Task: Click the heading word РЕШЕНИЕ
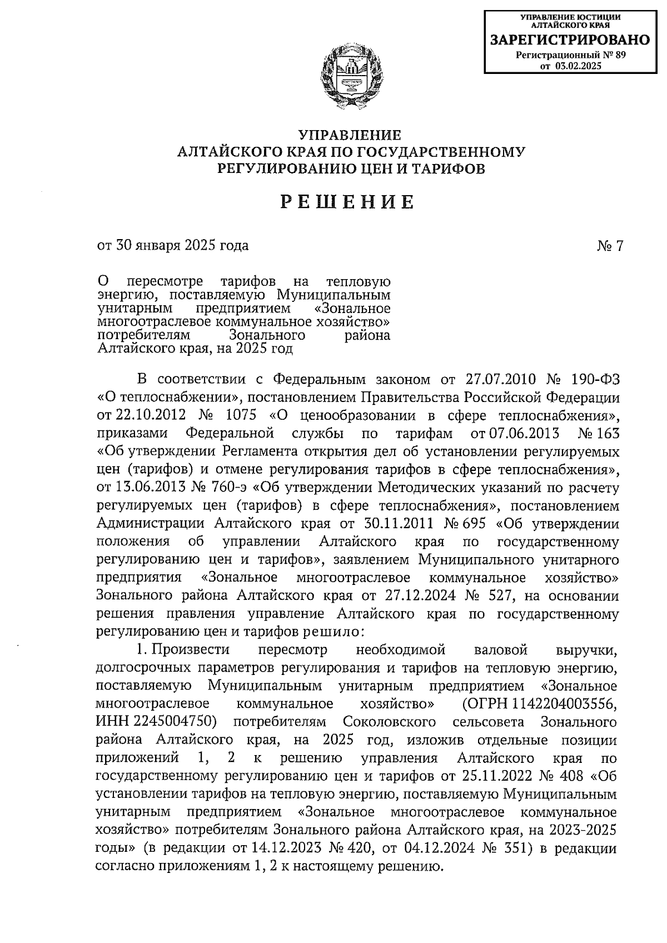[349, 203]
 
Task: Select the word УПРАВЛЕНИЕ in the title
[350, 136]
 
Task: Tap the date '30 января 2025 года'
[173, 245]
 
